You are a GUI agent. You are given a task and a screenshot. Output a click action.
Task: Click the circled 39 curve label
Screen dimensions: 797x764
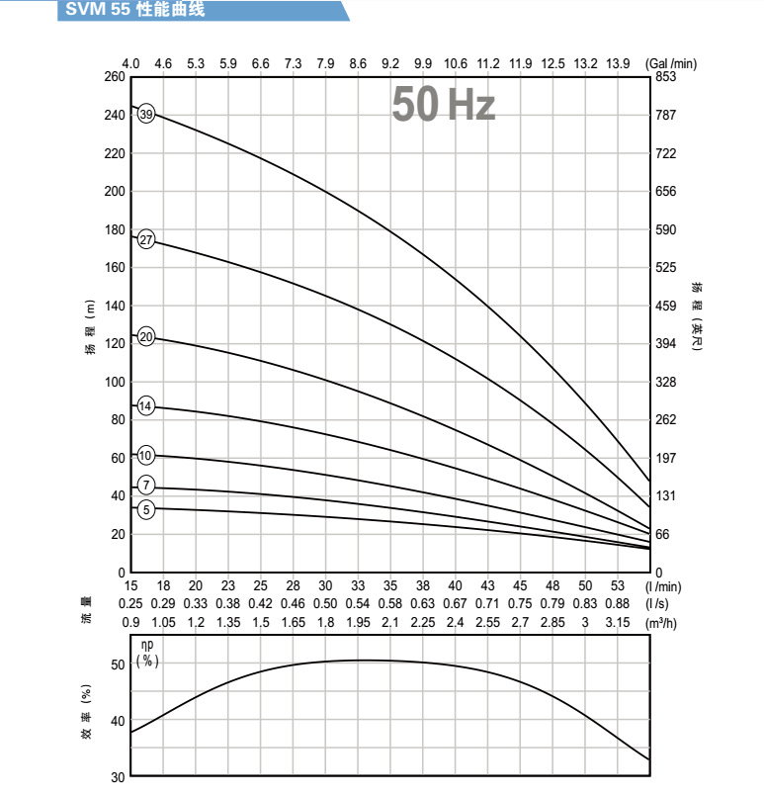point(146,115)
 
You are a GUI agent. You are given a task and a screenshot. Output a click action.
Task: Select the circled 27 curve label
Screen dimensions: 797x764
point(146,240)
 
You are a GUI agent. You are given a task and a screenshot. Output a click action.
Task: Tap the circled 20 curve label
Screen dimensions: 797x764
point(146,337)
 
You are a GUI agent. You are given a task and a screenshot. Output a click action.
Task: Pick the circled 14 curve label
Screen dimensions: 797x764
point(145,406)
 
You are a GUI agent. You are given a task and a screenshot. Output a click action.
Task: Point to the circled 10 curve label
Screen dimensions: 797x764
point(146,456)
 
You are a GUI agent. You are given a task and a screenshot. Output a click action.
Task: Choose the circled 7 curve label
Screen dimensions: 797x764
point(146,485)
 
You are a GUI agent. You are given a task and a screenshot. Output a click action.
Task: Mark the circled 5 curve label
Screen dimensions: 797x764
point(146,509)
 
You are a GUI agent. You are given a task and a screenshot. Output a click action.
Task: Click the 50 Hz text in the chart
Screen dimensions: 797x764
point(443,105)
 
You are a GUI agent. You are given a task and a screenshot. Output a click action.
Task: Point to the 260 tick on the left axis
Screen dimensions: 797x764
point(115,77)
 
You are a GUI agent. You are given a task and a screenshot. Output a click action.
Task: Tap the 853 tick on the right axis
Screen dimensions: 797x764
point(665,77)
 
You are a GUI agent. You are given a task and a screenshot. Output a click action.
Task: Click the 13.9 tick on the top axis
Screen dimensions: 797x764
point(619,63)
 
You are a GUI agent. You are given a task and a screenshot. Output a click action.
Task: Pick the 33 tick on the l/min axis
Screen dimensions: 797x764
point(358,586)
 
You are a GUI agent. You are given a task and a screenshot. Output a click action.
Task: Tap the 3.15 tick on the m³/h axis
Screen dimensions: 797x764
point(619,622)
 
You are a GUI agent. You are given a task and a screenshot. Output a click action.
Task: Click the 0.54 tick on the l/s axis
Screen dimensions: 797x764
point(358,604)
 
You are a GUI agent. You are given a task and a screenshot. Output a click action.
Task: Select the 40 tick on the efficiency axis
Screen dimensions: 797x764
point(118,721)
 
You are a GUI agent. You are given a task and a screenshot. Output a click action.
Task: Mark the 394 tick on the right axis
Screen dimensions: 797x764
point(665,344)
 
